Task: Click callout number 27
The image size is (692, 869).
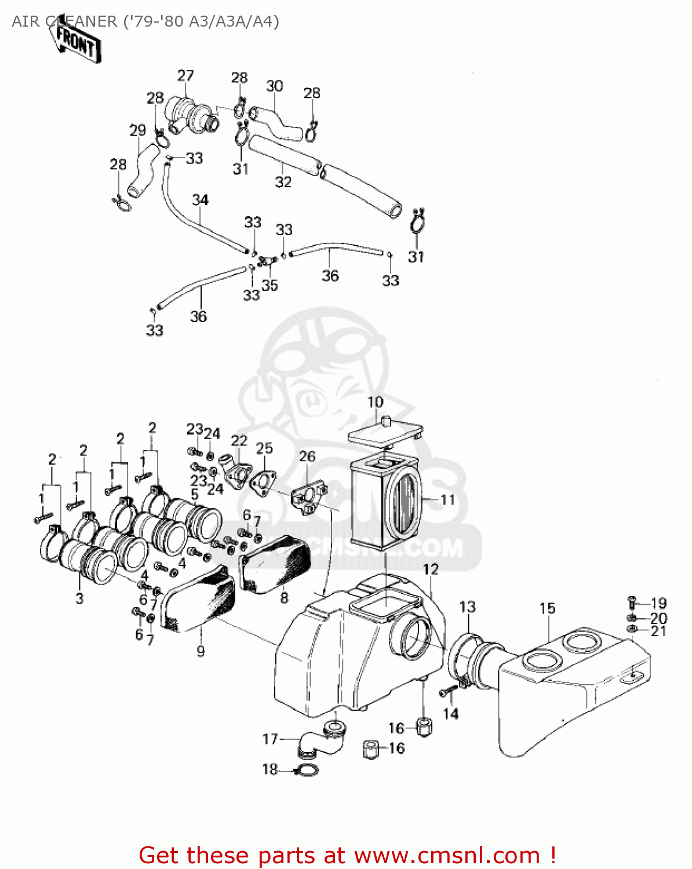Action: [x=185, y=76]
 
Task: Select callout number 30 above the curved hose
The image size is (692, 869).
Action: [x=275, y=86]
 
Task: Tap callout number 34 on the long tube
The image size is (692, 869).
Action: [x=200, y=200]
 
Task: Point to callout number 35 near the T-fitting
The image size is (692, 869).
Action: [x=269, y=285]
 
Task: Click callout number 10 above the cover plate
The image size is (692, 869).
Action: [x=375, y=401]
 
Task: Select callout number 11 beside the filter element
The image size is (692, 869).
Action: [x=447, y=499]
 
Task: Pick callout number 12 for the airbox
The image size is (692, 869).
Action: [x=431, y=569]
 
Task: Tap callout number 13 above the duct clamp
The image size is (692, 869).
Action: [x=467, y=607]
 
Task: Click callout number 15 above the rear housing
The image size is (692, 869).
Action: [x=547, y=608]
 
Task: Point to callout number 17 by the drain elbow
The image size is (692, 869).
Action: [x=270, y=739]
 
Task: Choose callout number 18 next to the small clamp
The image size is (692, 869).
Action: [x=270, y=769]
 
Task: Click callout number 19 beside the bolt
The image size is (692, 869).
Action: [x=658, y=603]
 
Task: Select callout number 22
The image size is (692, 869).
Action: [x=239, y=441]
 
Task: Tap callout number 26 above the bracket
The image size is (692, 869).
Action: [x=307, y=457]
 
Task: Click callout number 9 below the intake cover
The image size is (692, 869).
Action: [x=201, y=651]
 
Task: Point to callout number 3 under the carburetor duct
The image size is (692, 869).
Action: [x=79, y=598]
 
